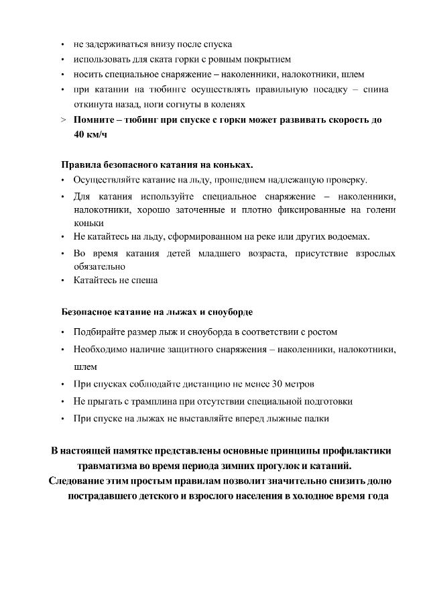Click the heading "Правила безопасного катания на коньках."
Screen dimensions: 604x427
pyautogui.click(x=158, y=164)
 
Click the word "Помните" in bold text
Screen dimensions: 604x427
pyautogui.click(x=98, y=120)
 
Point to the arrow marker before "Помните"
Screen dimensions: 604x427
pyautogui.click(x=62, y=120)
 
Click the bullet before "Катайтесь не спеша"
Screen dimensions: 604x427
pyautogui.click(x=62, y=281)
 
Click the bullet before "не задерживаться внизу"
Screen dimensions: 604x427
pyautogui.click(x=62, y=45)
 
